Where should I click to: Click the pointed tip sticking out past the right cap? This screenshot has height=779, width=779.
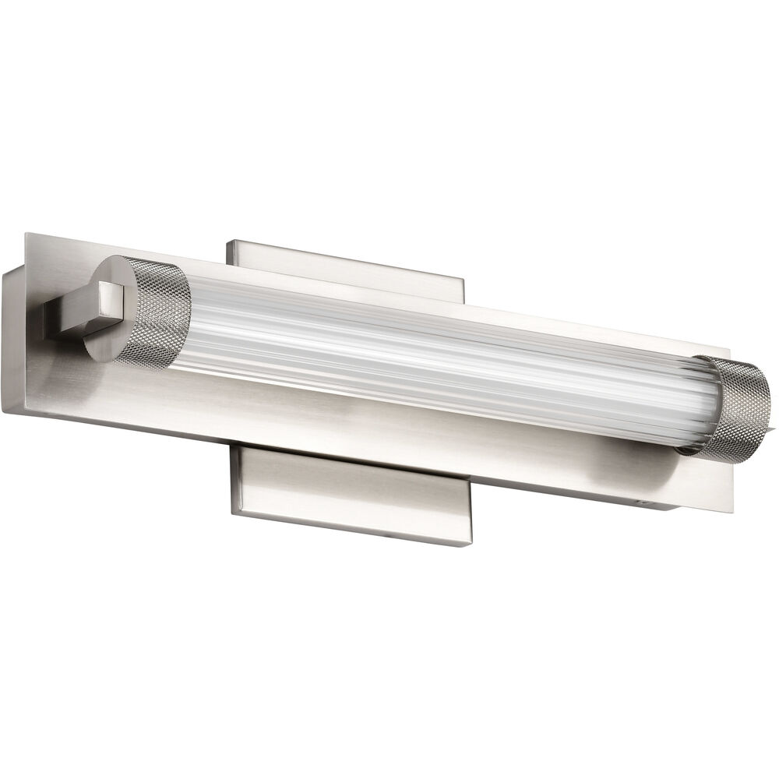(774, 425)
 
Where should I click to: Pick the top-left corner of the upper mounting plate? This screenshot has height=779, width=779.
(228, 243)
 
